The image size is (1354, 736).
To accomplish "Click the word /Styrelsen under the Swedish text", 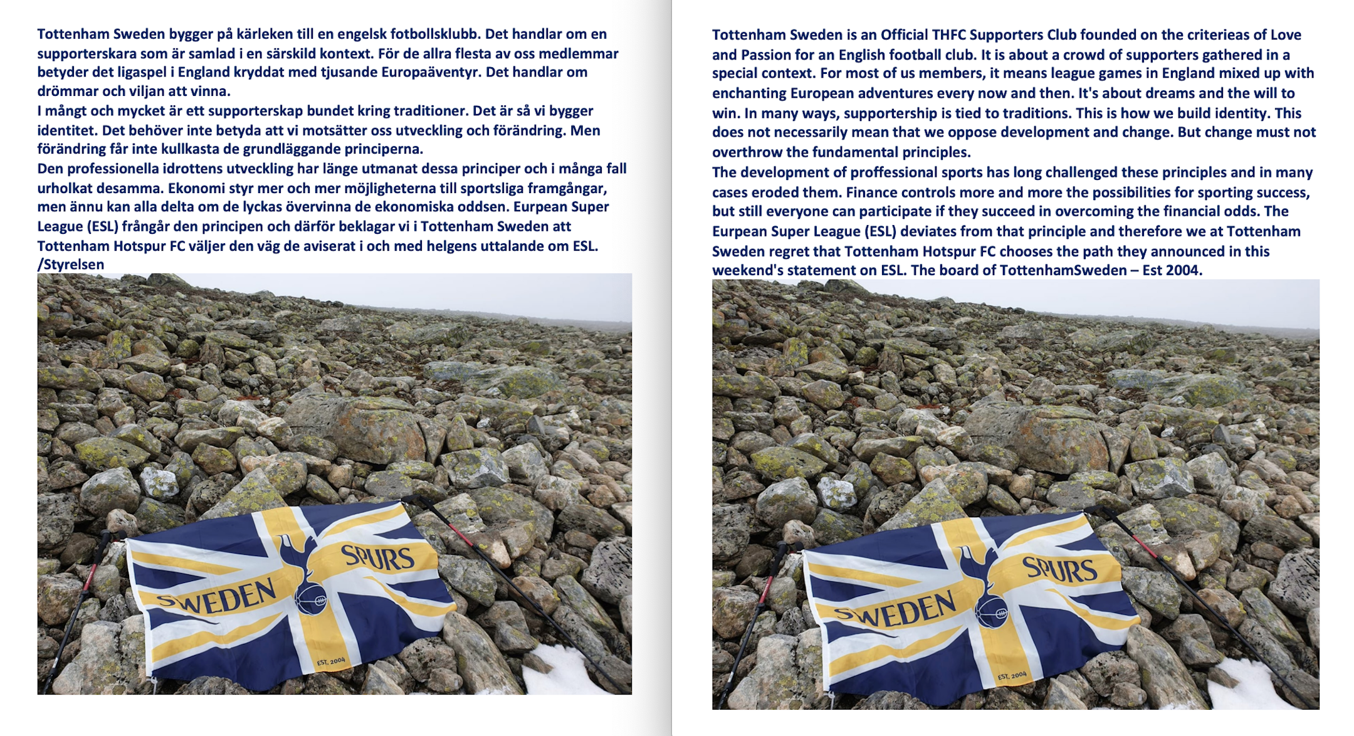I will (70, 265).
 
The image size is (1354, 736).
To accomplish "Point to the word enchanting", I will (748, 93).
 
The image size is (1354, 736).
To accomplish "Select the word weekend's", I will (745, 270).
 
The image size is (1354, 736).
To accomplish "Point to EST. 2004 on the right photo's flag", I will (1012, 675).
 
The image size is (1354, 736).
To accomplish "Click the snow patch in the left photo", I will (555, 671).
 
